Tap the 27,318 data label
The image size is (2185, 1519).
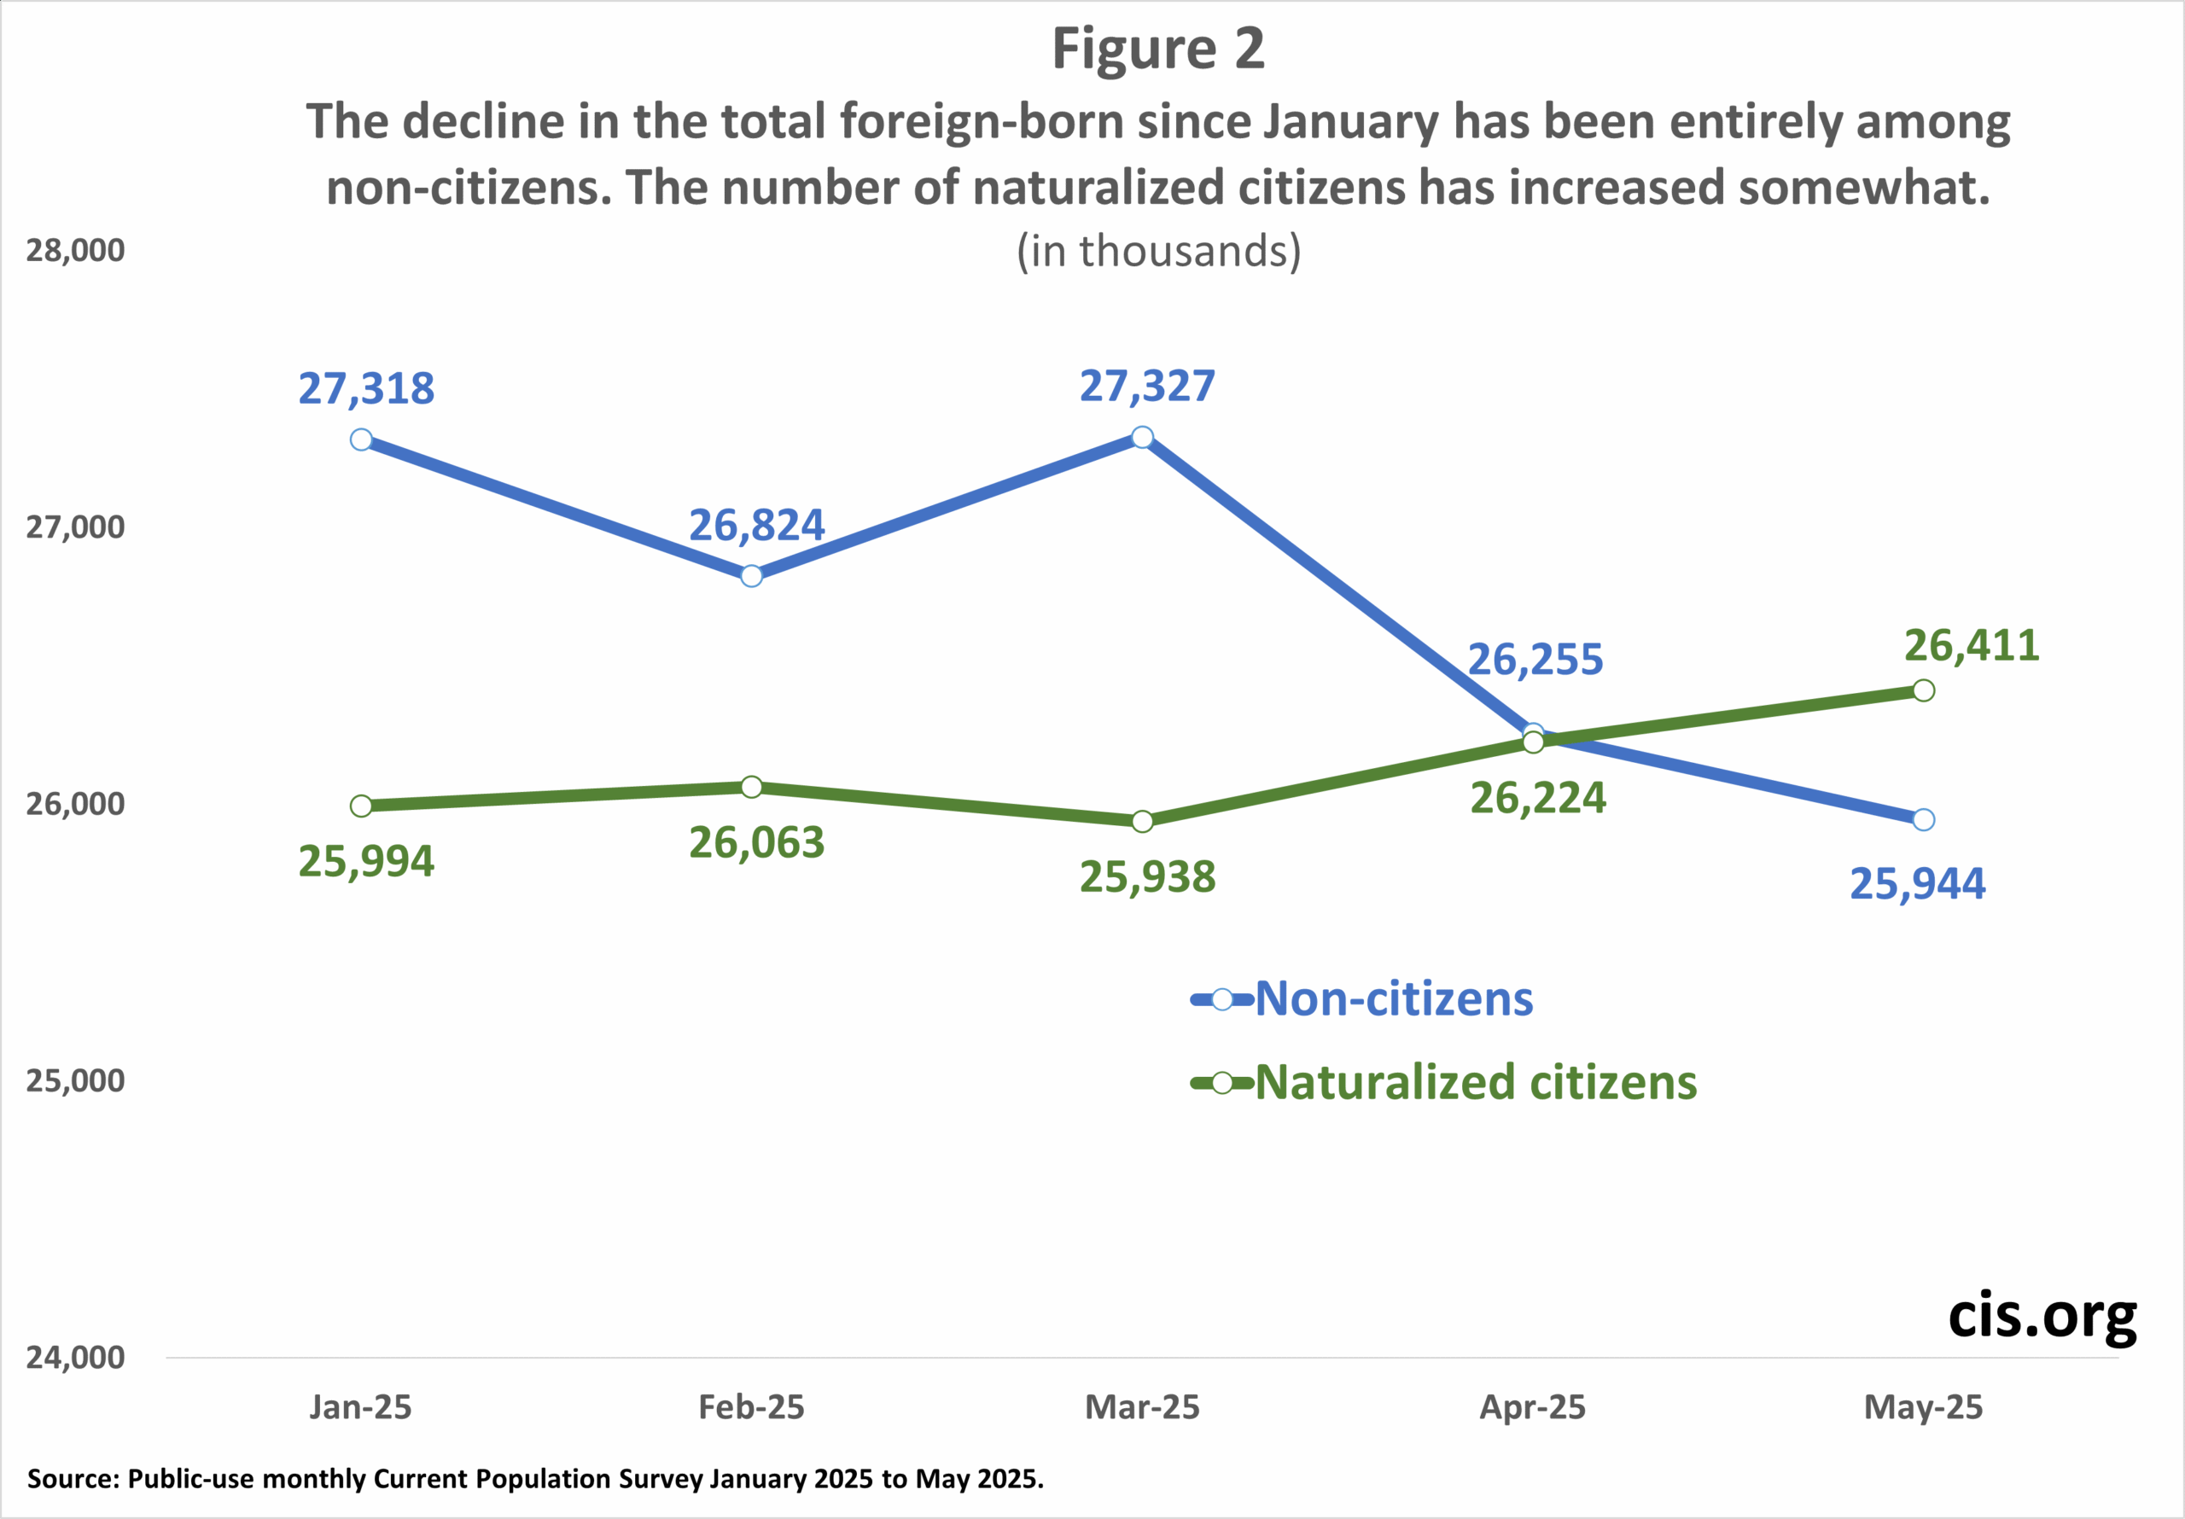point(366,388)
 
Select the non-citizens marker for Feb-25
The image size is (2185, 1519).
point(751,576)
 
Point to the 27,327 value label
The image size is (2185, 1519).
point(1147,386)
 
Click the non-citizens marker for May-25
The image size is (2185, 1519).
point(1923,819)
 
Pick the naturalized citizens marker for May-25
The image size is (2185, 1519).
point(1923,690)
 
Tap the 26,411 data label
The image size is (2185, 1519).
point(1972,645)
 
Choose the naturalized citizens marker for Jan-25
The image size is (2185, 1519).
point(361,806)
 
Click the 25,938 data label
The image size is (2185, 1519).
point(1147,876)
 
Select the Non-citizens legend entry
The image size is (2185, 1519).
point(1393,999)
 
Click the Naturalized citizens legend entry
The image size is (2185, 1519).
point(1475,1082)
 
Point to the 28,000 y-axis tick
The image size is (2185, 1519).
point(75,250)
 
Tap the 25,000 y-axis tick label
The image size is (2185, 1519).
point(75,1081)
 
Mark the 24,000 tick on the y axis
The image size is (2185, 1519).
point(75,1357)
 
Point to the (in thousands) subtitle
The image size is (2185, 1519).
point(1158,251)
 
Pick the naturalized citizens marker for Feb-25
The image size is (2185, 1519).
point(751,787)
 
